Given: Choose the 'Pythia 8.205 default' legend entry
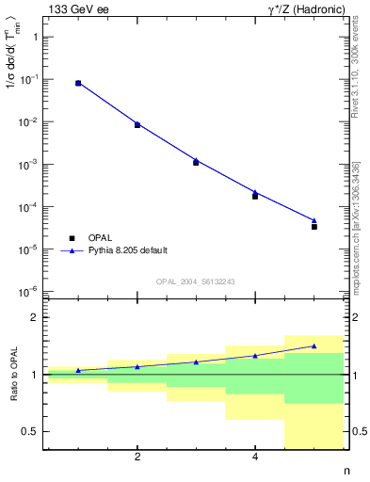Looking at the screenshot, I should tap(128, 250).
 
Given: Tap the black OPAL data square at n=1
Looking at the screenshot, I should tap(78, 84).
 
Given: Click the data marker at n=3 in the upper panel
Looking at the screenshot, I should tap(196, 162).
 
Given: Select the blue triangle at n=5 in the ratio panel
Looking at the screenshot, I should tap(314, 345).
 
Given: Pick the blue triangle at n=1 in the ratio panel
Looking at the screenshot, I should tap(78, 370).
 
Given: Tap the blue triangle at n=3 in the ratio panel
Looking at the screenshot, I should tap(196, 361).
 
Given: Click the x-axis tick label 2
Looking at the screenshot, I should tap(137, 458).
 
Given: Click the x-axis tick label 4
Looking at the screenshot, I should tap(255, 458).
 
